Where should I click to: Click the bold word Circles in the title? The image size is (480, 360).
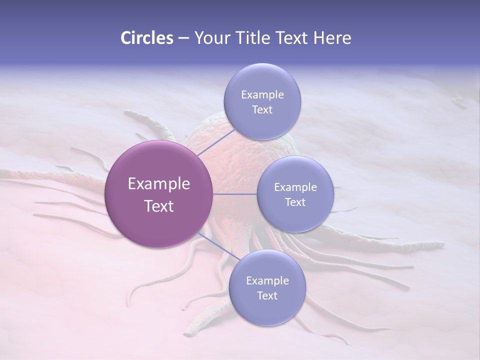146,38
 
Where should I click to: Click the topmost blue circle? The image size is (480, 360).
262,101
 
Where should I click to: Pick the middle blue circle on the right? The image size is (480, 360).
295,194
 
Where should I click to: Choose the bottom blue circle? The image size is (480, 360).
267,287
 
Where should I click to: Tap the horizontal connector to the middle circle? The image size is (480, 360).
235,194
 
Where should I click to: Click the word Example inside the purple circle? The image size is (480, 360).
159,184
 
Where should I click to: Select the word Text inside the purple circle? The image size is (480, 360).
159,206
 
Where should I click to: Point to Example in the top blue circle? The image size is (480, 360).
262,95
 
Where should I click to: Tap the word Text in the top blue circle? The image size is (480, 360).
262,110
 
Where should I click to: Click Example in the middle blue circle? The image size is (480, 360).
295,187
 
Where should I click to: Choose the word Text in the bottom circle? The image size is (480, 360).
267,295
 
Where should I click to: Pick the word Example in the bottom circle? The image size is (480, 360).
267,280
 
